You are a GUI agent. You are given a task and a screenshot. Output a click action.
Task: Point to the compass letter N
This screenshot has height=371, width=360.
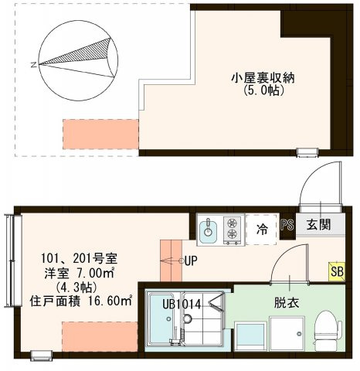[x=32, y=65]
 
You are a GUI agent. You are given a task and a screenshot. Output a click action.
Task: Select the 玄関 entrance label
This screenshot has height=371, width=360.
[x=318, y=225]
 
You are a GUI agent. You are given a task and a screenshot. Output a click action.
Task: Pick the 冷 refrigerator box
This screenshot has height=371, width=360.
[x=262, y=230]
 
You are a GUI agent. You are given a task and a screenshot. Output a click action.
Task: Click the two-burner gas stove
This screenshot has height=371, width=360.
[x=231, y=229]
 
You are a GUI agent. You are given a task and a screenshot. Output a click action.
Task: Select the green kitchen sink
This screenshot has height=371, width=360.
[x=208, y=229]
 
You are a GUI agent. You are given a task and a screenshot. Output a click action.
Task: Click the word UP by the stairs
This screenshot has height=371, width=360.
[x=192, y=261]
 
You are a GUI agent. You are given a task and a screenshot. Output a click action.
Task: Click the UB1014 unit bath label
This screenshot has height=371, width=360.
[x=182, y=305]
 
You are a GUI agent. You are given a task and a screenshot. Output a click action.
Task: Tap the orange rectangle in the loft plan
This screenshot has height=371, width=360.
[x=100, y=134]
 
